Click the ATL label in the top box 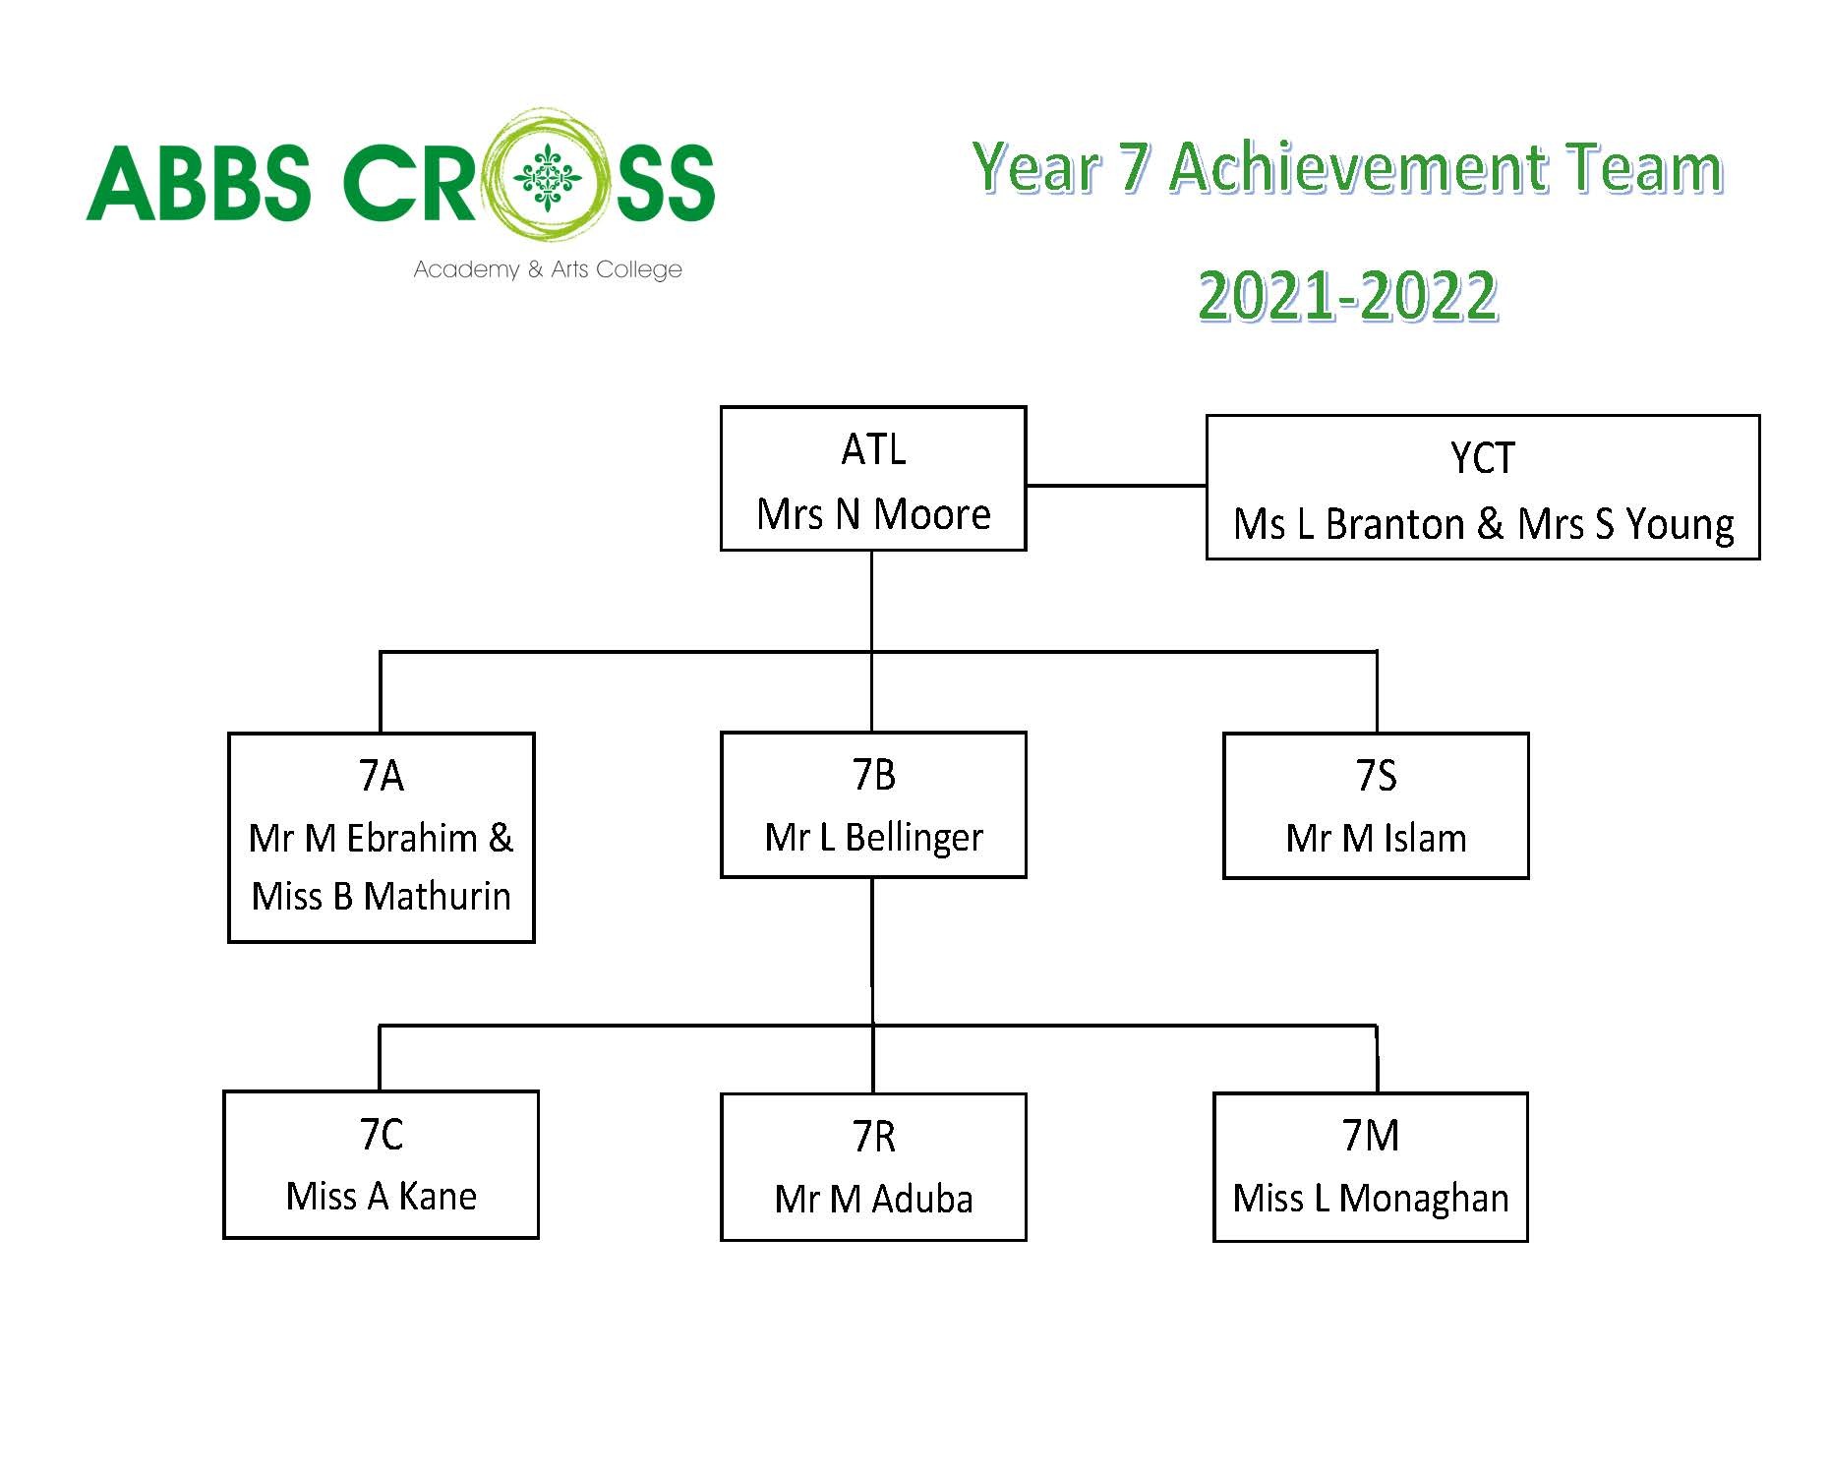pyautogui.click(x=873, y=449)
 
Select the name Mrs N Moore pyautogui.click(x=873, y=514)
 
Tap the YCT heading pyautogui.click(x=1482, y=458)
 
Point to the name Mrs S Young pyautogui.click(x=1625, y=525)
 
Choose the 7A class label pyautogui.click(x=381, y=776)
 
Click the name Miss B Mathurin pyautogui.click(x=381, y=897)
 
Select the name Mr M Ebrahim pyautogui.click(x=363, y=839)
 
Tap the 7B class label pyautogui.click(x=873, y=775)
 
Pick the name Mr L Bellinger pyautogui.click(x=873, y=838)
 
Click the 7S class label pyautogui.click(x=1376, y=776)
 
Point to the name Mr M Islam pyautogui.click(x=1376, y=839)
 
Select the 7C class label pyautogui.click(x=381, y=1135)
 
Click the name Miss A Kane pyautogui.click(x=381, y=1197)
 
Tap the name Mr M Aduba pyautogui.click(x=873, y=1200)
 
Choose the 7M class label pyautogui.click(x=1371, y=1136)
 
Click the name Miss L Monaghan pyautogui.click(x=1371, y=1199)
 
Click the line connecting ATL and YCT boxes pyautogui.click(x=1116, y=485)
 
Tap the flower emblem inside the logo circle pyautogui.click(x=548, y=179)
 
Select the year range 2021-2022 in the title pyautogui.click(x=1348, y=295)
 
